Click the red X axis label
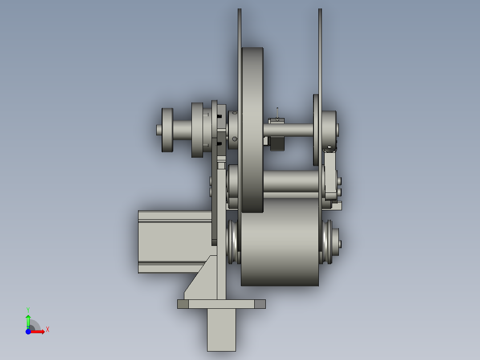click(48, 330)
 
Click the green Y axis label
click(28, 310)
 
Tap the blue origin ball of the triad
click(28, 332)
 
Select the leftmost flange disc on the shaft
click(167, 130)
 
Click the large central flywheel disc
click(252, 130)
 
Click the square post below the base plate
click(221, 330)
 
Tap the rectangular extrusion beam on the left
click(175, 242)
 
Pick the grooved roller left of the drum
click(234, 242)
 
